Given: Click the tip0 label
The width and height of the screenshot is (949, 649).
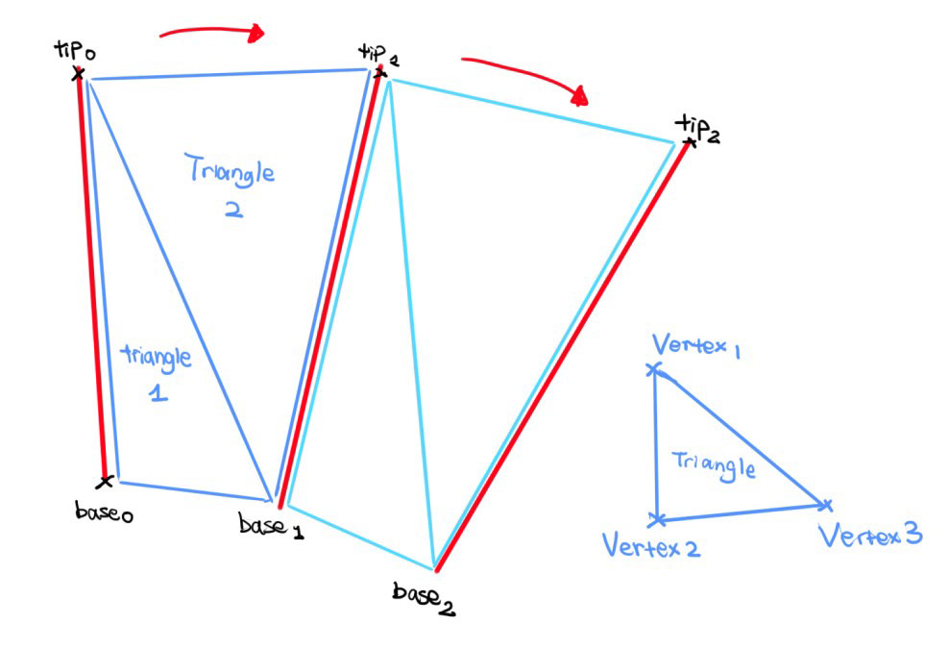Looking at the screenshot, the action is (76, 50).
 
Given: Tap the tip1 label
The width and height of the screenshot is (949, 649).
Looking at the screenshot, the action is (377, 53).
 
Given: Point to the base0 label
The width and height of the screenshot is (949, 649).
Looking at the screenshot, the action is (103, 512).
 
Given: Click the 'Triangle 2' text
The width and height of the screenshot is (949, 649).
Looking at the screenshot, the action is (231, 187).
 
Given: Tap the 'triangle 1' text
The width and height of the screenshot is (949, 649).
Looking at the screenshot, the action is (157, 371).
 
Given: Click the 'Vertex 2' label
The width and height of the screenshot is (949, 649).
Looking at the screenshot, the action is (651, 547).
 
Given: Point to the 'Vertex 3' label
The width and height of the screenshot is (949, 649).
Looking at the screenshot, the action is (871, 535).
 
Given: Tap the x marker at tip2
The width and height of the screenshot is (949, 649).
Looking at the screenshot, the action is (688, 143).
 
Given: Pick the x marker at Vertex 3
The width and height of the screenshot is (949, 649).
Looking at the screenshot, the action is (824, 504).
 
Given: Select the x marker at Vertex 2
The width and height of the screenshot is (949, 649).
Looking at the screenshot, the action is (657, 520).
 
